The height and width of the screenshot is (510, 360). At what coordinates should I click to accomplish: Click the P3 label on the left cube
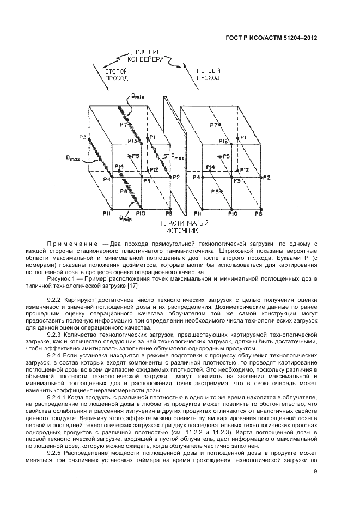(x=82, y=137)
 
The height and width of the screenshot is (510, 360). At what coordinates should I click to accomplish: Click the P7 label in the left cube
(x=124, y=125)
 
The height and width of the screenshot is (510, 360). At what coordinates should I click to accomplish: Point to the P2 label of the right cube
(x=266, y=178)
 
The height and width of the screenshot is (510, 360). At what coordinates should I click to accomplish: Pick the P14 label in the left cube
(x=120, y=166)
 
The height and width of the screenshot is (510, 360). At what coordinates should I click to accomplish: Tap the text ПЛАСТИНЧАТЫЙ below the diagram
(x=181, y=223)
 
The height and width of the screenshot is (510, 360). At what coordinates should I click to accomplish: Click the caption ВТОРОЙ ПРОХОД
(x=117, y=75)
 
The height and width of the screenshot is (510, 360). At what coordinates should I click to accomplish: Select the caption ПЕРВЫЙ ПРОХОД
(x=208, y=75)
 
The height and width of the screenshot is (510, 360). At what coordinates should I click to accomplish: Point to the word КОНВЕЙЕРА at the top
(x=146, y=60)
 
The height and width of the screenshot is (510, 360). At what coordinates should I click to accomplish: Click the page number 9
(x=315, y=473)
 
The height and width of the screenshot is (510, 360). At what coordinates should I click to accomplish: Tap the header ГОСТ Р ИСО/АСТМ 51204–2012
(x=271, y=39)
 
